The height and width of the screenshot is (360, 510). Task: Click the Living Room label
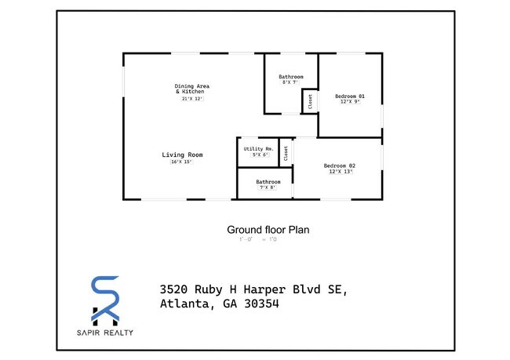point(183,155)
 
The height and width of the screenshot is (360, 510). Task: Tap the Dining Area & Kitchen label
point(191,89)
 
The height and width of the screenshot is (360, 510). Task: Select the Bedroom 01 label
point(349,96)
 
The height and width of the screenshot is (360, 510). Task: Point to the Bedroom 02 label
point(340,165)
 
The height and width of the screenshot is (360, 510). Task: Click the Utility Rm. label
point(258,148)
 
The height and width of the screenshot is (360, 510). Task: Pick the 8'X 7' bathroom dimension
point(290,82)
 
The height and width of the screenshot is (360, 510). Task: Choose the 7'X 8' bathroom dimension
point(268,187)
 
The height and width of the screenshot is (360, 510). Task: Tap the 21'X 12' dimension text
point(192,99)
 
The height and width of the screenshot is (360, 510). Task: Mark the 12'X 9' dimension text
point(349,102)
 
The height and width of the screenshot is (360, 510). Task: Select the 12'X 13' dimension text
point(341,172)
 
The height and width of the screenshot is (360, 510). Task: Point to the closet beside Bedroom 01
point(311,101)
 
